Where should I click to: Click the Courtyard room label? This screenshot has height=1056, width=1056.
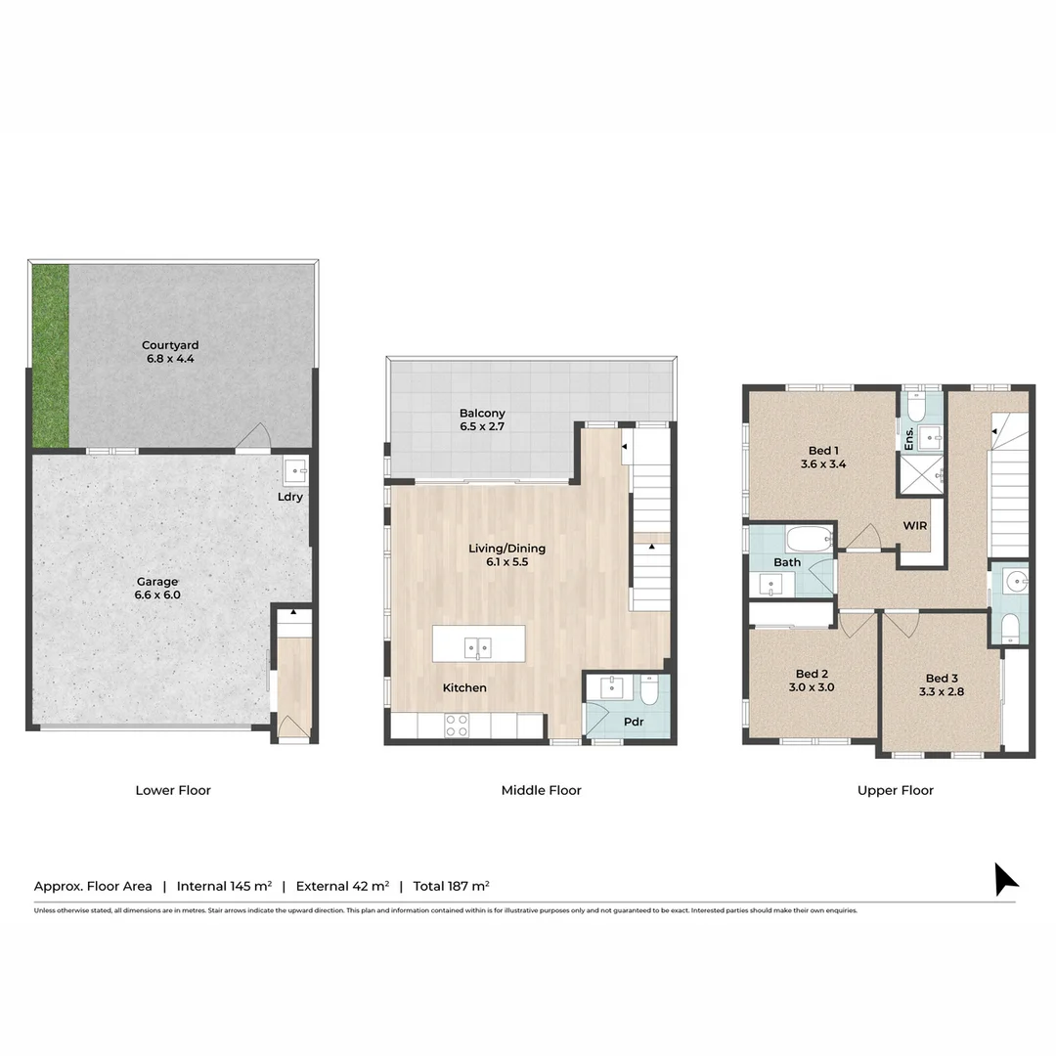[170, 345]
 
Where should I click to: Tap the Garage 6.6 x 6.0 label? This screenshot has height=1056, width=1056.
[157, 588]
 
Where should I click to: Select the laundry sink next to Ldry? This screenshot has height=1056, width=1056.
[295, 471]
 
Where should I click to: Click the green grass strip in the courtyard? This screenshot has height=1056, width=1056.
[51, 356]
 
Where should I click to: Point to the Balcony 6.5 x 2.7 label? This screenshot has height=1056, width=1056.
[482, 419]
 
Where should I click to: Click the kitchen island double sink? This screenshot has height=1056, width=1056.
[477, 648]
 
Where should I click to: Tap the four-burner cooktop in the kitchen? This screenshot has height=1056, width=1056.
[457, 726]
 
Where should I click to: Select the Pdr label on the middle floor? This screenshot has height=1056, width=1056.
[634, 722]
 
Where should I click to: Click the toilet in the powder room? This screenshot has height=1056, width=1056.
[649, 690]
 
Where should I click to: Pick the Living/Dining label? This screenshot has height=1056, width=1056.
[507, 549]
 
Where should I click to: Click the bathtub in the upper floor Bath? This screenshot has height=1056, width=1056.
[809, 540]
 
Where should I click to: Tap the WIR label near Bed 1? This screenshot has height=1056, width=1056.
[914, 525]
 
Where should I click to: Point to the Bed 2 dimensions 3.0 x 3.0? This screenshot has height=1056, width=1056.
[812, 687]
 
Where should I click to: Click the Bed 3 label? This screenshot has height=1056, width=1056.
[942, 679]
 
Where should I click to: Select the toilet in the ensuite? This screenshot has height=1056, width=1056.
[916, 408]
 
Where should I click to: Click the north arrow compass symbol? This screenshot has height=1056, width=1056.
[1005, 879]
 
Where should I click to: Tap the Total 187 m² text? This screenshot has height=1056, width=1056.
[451, 886]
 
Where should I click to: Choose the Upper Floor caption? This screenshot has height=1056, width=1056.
[895, 791]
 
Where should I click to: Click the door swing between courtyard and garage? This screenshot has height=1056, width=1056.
[253, 436]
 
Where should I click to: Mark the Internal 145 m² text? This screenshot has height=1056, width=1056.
[224, 886]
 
